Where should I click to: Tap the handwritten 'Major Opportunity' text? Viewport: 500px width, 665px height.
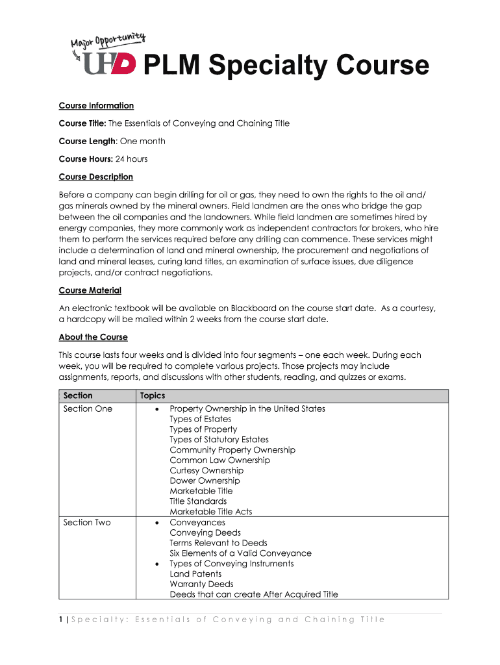[x=107, y=44]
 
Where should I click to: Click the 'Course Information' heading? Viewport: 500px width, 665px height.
[x=96, y=106]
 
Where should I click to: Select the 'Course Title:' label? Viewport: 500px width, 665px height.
[x=82, y=123]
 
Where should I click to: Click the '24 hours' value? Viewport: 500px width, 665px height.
[x=132, y=159]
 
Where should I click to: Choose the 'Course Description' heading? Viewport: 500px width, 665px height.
[x=95, y=177]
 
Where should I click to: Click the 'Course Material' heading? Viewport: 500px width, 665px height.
[x=90, y=290]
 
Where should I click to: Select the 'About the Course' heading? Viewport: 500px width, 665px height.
[x=93, y=337]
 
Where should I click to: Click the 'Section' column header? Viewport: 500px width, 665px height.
[x=78, y=395]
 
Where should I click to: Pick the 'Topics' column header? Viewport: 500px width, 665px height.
[x=153, y=395]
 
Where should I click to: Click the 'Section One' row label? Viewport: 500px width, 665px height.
[x=88, y=408]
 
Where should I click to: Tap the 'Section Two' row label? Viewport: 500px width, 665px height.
[x=87, y=522]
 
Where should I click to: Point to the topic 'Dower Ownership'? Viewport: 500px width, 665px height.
[x=205, y=481]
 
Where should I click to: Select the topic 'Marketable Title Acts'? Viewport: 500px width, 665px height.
[x=210, y=512]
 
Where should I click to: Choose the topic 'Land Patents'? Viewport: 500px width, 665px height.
[x=195, y=574]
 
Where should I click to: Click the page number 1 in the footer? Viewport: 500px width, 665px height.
[x=60, y=620]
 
